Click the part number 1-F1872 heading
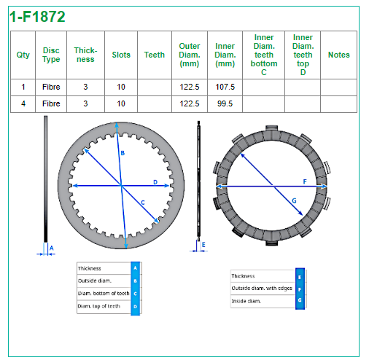[x=37, y=17]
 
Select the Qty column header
[x=23, y=55]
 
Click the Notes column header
[x=339, y=55]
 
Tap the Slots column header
[x=121, y=55]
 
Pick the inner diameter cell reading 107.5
[x=225, y=87]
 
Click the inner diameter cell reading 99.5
[x=225, y=103]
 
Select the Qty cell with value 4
[x=23, y=103]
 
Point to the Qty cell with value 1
[x=23, y=87]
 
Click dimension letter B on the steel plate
[x=123, y=153]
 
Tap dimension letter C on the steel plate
[x=143, y=203]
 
